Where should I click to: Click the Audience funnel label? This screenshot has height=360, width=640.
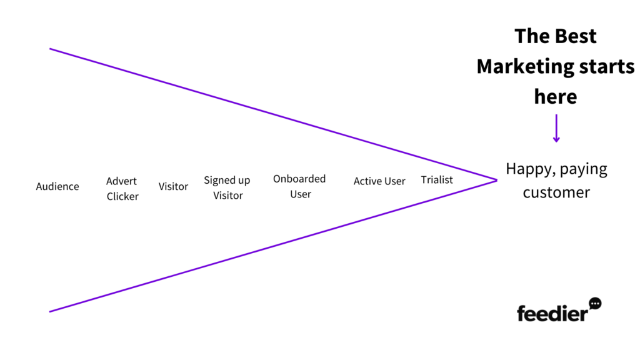click(57, 186)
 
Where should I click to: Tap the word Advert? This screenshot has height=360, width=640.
click(121, 181)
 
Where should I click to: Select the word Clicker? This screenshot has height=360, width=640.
click(122, 196)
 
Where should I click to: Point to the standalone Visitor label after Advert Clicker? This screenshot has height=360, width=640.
click(173, 186)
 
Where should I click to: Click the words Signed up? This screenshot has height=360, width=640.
click(227, 181)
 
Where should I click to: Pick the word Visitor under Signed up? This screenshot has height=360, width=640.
click(227, 196)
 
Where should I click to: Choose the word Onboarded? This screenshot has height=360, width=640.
click(299, 179)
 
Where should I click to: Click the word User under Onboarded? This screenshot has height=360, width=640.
click(301, 194)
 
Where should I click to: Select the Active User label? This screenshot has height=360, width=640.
click(379, 181)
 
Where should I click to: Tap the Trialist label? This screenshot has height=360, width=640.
click(437, 180)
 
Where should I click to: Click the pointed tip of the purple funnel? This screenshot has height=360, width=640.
click(497, 180)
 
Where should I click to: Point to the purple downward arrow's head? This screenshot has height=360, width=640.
click(556, 139)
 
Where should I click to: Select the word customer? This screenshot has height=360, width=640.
click(556, 192)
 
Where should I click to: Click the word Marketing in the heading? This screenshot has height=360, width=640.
click(526, 66)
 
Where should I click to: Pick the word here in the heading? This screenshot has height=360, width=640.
click(556, 97)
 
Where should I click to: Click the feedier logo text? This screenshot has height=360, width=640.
click(552, 314)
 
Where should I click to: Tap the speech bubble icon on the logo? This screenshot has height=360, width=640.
click(596, 303)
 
